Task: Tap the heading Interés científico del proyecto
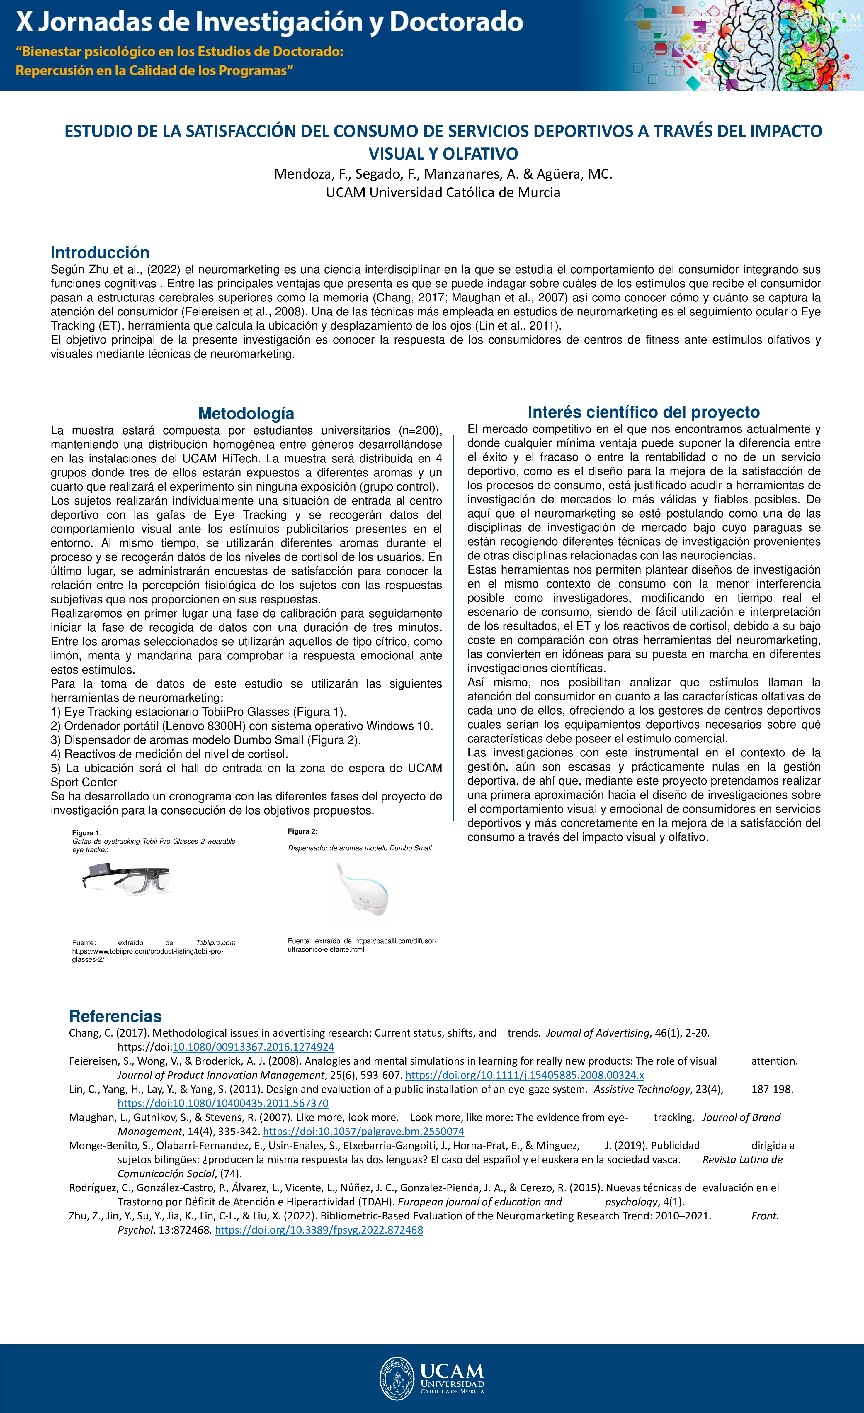pyautogui.click(x=643, y=412)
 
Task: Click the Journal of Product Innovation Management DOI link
pyautogui.click(x=525, y=1075)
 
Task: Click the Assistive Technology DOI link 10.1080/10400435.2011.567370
pyautogui.click(x=223, y=1103)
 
